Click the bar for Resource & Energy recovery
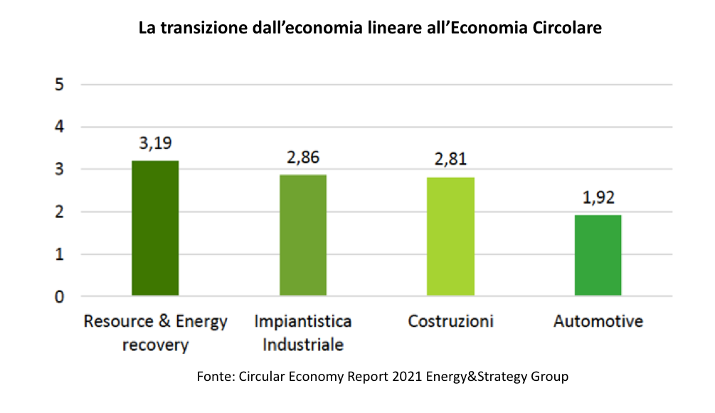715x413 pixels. [155, 228]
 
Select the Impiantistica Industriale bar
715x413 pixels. [303, 235]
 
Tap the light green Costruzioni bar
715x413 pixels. [450, 236]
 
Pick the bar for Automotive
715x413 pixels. [598, 255]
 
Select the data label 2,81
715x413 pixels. [450, 160]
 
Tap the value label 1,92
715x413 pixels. [598, 198]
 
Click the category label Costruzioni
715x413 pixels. [450, 321]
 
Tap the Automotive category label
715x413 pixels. [598, 321]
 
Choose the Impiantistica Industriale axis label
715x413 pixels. [303, 333]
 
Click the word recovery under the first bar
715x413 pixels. [155, 346]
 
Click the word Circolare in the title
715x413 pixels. [568, 28]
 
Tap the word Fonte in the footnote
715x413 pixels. [213, 377]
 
